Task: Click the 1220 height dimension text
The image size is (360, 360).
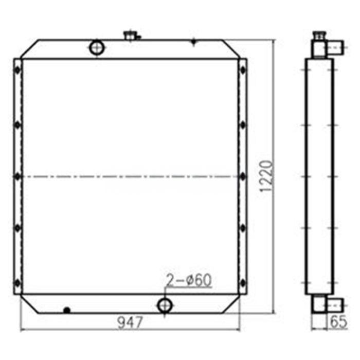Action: pyautogui.click(x=266, y=177)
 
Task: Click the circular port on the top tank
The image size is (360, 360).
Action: pyautogui.click(x=97, y=47)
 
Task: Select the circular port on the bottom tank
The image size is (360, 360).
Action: pyautogui.click(x=165, y=305)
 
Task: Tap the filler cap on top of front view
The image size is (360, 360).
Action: pyautogui.click(x=132, y=35)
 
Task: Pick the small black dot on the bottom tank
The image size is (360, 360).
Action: pyautogui.click(x=66, y=310)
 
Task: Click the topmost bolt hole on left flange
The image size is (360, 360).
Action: pyautogui.click(x=17, y=69)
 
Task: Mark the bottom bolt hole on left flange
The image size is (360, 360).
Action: pyautogui.click(x=17, y=282)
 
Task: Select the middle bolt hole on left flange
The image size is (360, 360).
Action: pyautogui.click(x=17, y=176)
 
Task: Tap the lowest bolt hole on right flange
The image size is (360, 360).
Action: pyautogui.click(x=242, y=282)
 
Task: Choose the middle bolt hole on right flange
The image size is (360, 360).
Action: pyautogui.click(x=242, y=176)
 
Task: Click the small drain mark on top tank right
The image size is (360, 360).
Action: pyautogui.click(x=193, y=42)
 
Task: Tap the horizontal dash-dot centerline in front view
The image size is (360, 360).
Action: pyautogui.click(x=129, y=176)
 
